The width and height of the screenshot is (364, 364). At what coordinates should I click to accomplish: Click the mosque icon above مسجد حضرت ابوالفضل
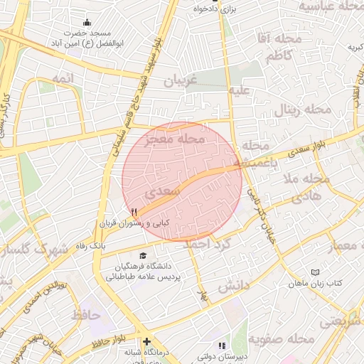point(87,23)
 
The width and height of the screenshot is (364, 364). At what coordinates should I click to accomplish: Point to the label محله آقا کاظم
point(279,48)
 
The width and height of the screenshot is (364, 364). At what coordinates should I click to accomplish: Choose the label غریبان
point(179,81)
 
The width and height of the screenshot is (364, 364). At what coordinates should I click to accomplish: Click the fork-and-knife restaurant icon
point(134,212)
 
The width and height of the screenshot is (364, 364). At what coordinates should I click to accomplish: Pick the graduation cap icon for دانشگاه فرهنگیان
point(144,255)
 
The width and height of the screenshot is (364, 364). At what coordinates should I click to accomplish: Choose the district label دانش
point(234,286)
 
